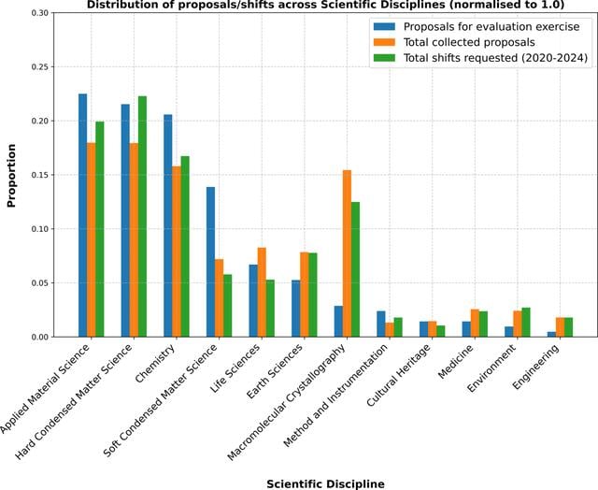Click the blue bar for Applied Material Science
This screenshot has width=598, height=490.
[x=82, y=215]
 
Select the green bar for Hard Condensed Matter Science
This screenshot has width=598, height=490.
[x=142, y=216]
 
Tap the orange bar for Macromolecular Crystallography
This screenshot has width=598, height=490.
[x=347, y=253]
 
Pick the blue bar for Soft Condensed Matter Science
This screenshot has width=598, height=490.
[x=210, y=262]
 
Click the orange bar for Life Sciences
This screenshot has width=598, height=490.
[x=262, y=293]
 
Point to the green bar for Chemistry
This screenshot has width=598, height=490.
[x=185, y=247]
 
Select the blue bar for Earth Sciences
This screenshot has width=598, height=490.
[x=296, y=309]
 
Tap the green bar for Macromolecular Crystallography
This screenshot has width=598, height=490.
[x=355, y=269]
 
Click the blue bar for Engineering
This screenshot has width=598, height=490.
[x=551, y=334]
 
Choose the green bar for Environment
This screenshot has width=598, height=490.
[x=526, y=323]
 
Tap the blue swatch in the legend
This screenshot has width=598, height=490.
[x=384, y=27]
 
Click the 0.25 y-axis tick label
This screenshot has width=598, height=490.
[x=41, y=67]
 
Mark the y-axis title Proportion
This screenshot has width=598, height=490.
[x=11, y=176]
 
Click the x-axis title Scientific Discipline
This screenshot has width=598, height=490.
[x=325, y=483]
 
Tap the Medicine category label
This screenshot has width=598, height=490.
[x=455, y=361]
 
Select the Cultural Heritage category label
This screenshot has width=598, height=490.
[x=399, y=375]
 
